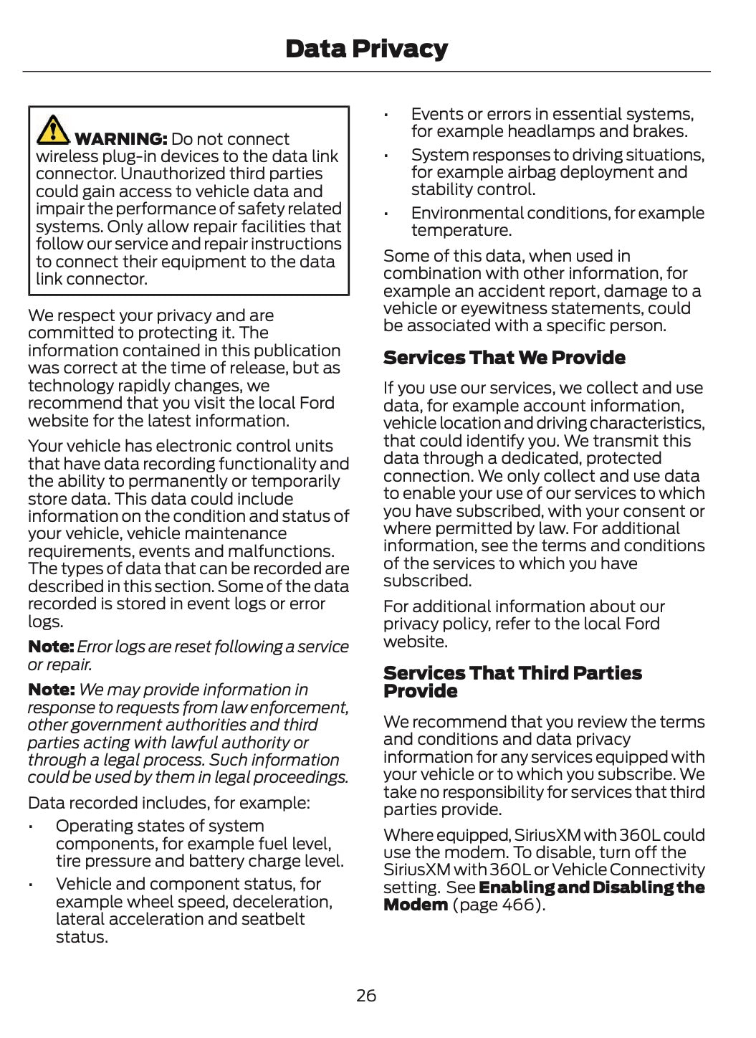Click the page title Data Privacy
[366, 49]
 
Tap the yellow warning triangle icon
[52, 129]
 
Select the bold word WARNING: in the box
[120, 139]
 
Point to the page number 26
[366, 995]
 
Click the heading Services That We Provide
[504, 358]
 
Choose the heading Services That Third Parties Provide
[512, 682]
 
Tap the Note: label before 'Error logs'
[50, 647]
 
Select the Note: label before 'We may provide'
[50, 690]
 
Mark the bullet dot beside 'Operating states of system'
[32, 827]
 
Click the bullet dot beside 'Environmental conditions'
[386, 214]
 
